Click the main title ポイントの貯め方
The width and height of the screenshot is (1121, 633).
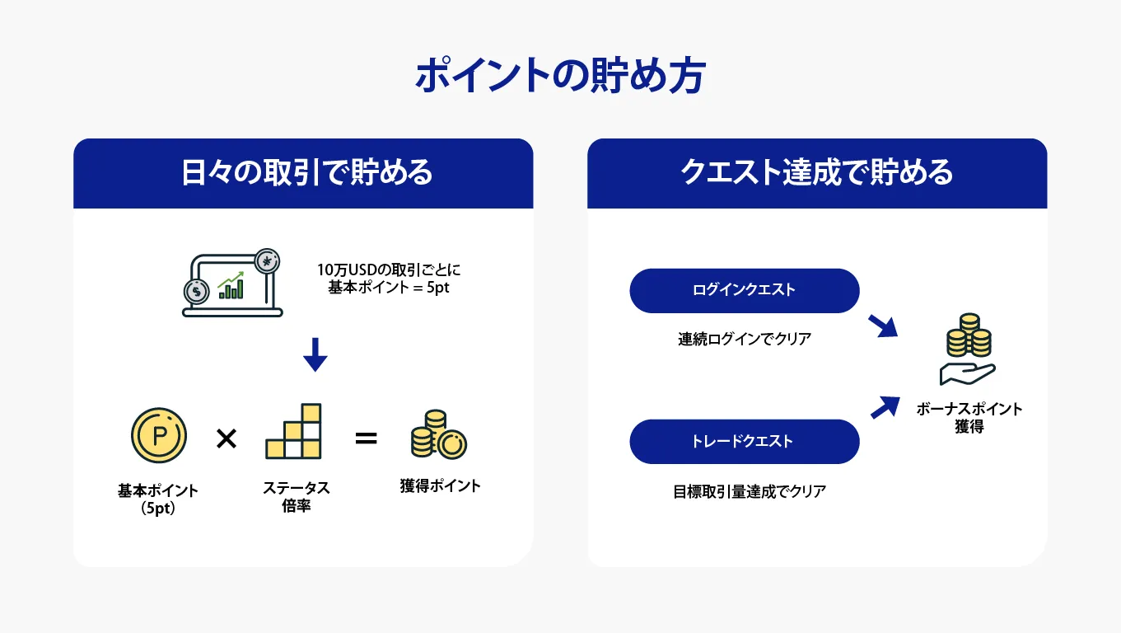(560, 75)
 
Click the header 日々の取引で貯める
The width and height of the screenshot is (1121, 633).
(306, 172)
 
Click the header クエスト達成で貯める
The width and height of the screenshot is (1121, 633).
(817, 172)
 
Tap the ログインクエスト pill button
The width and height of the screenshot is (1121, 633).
(744, 290)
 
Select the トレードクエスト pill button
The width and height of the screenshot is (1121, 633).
(744, 441)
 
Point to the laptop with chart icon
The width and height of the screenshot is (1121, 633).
(231, 283)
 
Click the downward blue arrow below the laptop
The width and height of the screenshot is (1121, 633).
(315, 354)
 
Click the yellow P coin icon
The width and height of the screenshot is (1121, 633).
(159, 434)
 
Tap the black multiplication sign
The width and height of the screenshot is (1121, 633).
(227, 438)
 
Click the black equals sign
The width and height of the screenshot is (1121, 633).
(366, 438)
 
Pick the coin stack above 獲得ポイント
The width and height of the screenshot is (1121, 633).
(439, 434)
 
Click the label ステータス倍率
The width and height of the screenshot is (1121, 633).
(297, 496)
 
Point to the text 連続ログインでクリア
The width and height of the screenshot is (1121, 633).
(744, 339)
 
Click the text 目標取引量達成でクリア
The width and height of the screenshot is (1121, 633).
(750, 492)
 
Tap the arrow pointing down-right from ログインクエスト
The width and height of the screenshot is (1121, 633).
(883, 326)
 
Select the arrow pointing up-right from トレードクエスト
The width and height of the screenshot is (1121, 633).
(885, 407)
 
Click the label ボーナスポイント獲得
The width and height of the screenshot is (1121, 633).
(969, 418)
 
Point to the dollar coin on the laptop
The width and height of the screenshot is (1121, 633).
(197, 292)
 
